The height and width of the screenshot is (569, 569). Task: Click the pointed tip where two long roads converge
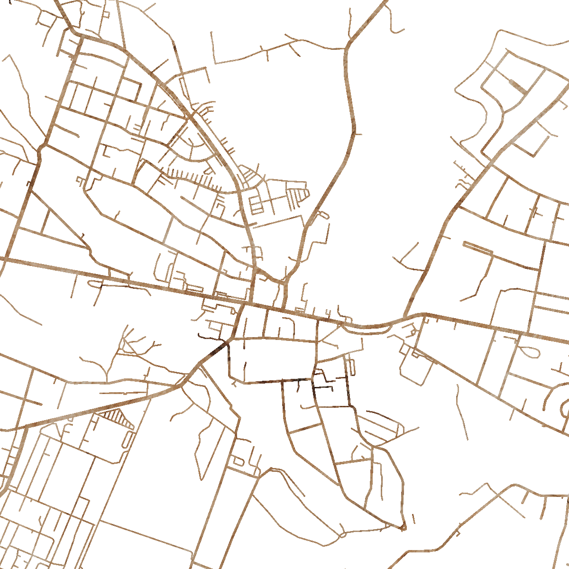pyautogui.click(x=403, y=527)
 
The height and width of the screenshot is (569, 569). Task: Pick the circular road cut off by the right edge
pyautogui.click(x=564, y=408)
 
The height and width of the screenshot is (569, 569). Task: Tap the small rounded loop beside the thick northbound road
pyautogui.click(x=322, y=214)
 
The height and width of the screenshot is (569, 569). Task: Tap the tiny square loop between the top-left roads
pyautogui.click(x=105, y=14)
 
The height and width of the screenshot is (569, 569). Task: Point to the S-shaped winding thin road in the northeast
pyautogui.click(x=479, y=119)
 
